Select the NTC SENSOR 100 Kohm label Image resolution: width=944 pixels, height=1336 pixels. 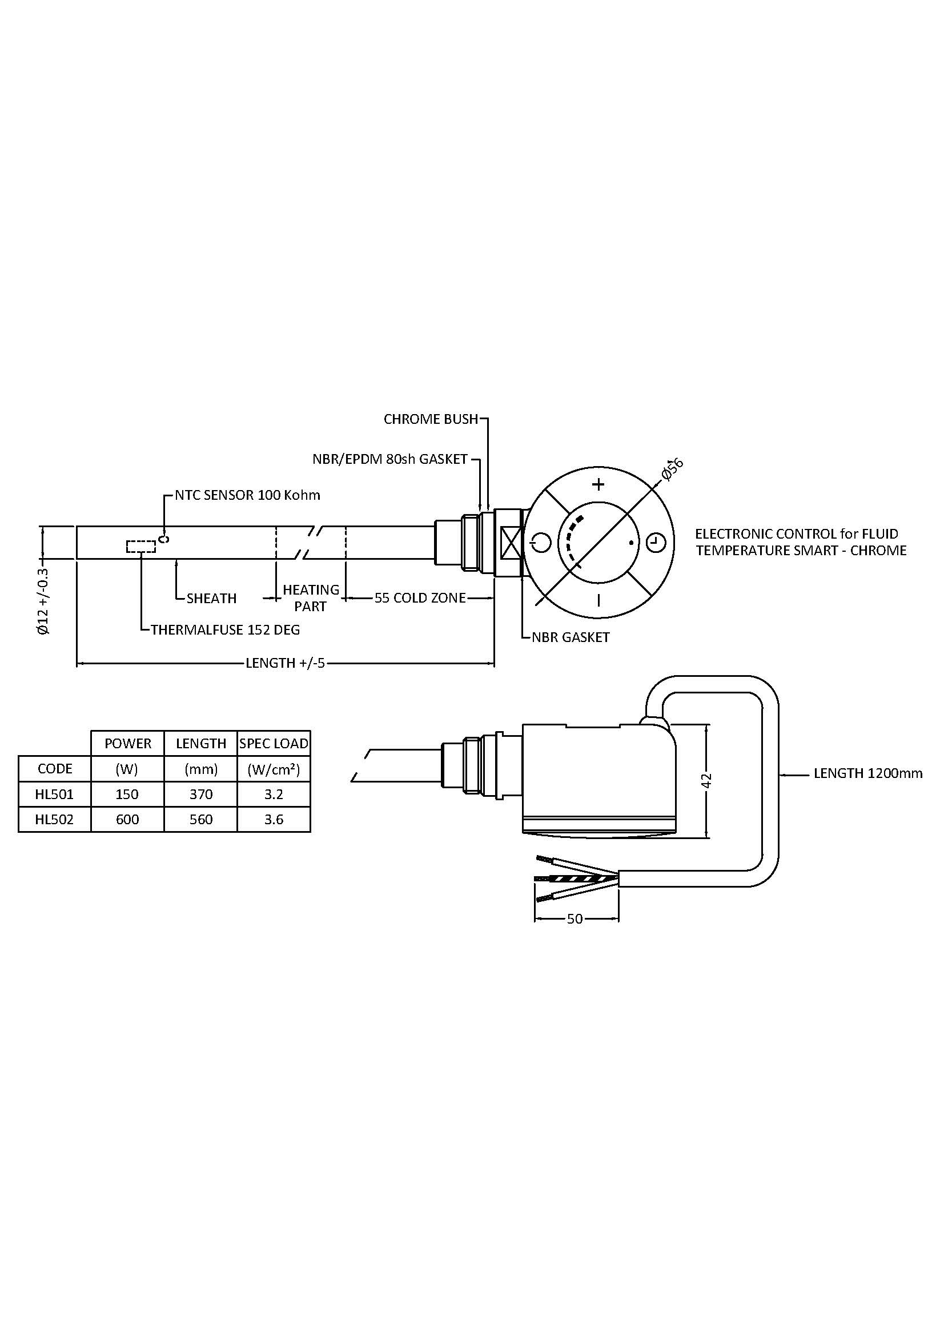coord(247,495)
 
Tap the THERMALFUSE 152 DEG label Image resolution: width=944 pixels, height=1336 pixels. coord(225,629)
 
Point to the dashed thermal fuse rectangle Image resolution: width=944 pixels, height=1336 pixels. coord(140,547)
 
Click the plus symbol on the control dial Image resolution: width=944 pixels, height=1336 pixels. coord(598,484)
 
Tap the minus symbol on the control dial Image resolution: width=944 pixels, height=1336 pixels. coord(598,600)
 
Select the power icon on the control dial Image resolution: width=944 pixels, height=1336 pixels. coord(540,542)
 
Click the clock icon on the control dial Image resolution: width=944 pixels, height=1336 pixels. coord(656,542)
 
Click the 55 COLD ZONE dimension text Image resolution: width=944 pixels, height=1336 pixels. coord(420,597)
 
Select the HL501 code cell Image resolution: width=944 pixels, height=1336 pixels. coord(55,794)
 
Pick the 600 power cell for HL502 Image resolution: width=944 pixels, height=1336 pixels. coord(127,819)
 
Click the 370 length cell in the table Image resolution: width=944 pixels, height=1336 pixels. coord(200,794)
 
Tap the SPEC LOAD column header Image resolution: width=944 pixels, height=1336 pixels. coord(274,743)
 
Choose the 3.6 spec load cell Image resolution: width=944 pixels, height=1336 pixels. coord(274,819)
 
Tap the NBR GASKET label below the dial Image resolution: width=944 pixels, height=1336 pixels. coord(571,637)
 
